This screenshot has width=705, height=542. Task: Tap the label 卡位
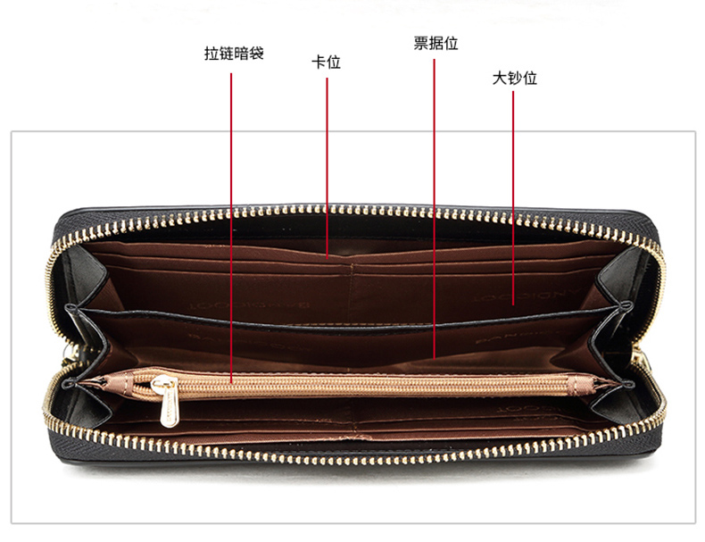(326, 63)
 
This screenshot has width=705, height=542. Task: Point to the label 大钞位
(514, 78)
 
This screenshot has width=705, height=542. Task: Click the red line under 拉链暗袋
(232, 223)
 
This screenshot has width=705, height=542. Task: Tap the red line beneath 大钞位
(513, 196)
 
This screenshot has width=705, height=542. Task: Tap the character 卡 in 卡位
(318, 63)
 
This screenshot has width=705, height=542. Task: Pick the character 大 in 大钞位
(499, 78)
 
